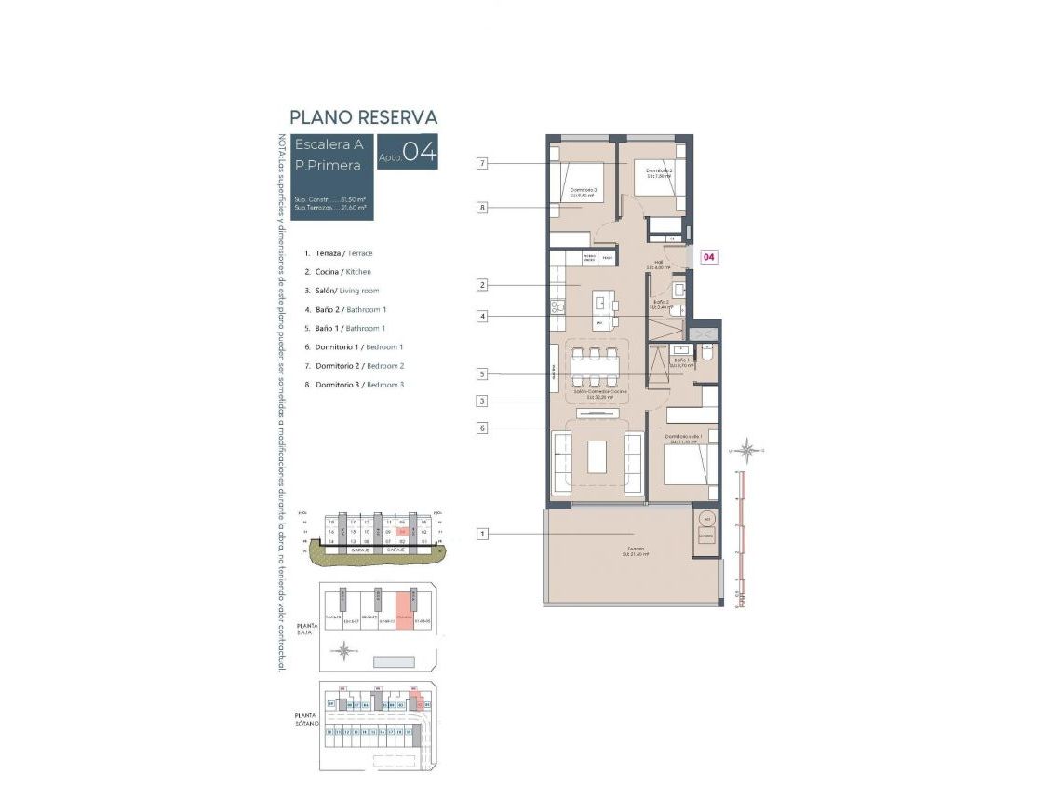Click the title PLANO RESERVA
(363, 117)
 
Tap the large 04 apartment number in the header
(419, 153)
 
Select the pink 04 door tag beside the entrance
(707, 257)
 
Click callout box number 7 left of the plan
(482, 164)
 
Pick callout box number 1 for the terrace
(482, 534)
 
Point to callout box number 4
(482, 317)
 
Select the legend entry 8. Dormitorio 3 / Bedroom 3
(358, 385)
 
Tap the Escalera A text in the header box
(329, 144)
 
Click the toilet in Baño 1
(707, 355)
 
